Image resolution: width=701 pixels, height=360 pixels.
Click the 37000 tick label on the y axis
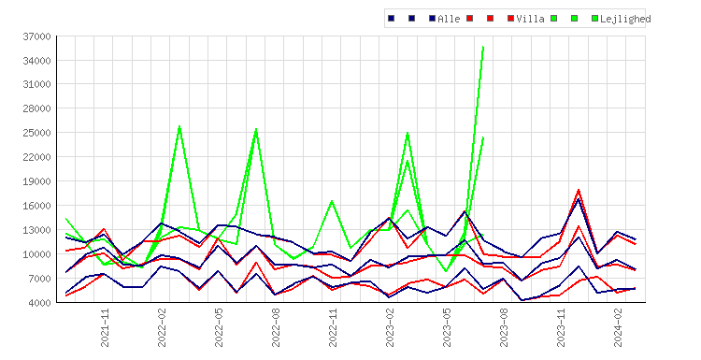(x=36, y=36)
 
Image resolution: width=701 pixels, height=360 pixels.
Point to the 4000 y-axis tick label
(x=39, y=303)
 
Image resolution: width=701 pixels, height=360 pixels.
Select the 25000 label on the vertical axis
(x=36, y=133)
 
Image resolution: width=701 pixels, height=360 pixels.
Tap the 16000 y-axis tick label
(x=36, y=206)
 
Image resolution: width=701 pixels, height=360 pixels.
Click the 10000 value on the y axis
(x=36, y=254)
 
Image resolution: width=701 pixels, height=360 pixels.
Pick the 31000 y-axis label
(x=36, y=84)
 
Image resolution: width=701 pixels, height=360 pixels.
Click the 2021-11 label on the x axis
(x=105, y=328)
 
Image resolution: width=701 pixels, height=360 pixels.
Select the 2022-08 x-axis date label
(x=276, y=328)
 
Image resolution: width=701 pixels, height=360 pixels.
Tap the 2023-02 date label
(x=390, y=328)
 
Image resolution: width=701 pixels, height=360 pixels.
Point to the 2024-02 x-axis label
(x=618, y=328)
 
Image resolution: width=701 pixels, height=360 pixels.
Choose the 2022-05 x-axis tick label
(x=219, y=328)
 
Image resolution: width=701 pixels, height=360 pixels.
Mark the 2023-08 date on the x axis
(x=504, y=328)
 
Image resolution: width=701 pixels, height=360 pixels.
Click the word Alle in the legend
(x=449, y=19)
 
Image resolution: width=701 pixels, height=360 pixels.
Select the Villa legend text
(x=530, y=19)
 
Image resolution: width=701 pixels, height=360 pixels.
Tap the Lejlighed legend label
(x=625, y=19)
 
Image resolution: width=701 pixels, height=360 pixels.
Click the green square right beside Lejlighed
(x=594, y=19)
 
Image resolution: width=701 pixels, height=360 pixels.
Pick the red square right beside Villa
(x=510, y=19)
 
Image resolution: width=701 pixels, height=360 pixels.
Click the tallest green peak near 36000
(x=483, y=47)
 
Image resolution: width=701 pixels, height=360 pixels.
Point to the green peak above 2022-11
(x=332, y=201)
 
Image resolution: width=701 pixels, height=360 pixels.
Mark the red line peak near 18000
(x=579, y=190)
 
